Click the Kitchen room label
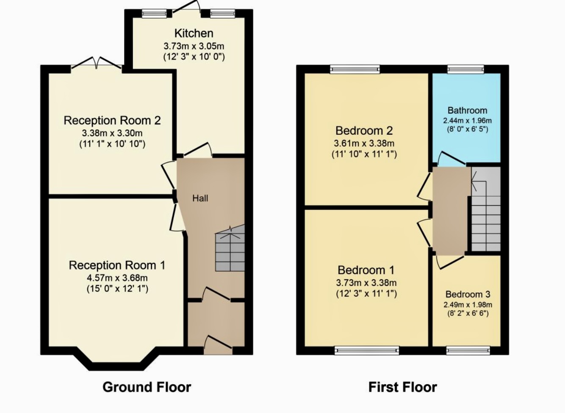point(194,33)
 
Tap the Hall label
point(200,198)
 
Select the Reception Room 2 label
point(112,120)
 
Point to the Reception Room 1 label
point(117,265)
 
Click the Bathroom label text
point(468,110)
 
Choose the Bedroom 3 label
point(468,294)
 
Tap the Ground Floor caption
point(147,387)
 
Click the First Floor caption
point(402,387)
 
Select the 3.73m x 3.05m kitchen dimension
point(194,46)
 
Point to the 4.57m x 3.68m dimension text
point(117,278)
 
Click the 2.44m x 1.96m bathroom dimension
point(468,120)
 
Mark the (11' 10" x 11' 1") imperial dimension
point(364,154)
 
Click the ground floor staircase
point(230,248)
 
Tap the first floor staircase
point(486,209)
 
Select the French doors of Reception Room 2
point(97,63)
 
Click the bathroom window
point(466,69)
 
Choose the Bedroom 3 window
point(468,350)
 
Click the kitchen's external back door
point(186,10)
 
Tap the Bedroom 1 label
point(366,270)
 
